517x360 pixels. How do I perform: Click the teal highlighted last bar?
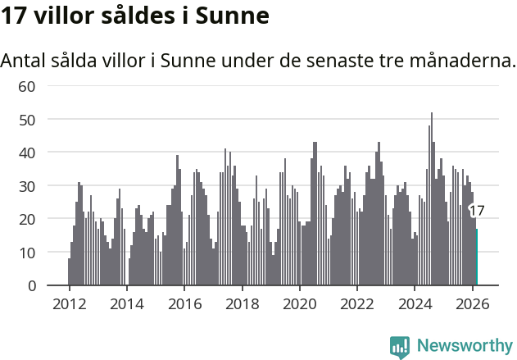pos(477,257)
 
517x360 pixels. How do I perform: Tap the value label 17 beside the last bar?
pos(477,211)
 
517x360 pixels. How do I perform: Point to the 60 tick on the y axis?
pos(27,86)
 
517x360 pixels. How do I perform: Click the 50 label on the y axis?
pos(27,120)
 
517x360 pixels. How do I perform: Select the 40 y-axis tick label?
pos(27,153)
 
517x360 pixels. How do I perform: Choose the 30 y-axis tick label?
pos(27,186)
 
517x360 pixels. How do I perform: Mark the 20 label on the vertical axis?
pos(27,219)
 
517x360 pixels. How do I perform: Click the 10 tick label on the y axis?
pos(27,253)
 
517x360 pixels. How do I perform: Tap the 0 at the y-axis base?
pos(32,285)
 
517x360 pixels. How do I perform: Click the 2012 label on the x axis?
pos(69,303)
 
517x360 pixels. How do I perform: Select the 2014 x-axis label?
pos(126,303)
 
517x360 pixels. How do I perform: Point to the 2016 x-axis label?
pos(184,303)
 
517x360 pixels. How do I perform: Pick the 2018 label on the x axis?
pos(242,303)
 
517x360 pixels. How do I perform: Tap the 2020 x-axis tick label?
pos(299,303)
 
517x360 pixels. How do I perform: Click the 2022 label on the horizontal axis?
pos(357,303)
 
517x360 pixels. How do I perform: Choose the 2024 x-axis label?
pos(415,303)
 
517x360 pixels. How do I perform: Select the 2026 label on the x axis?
pos(472,303)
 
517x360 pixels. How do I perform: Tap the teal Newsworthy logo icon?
pos(400,346)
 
